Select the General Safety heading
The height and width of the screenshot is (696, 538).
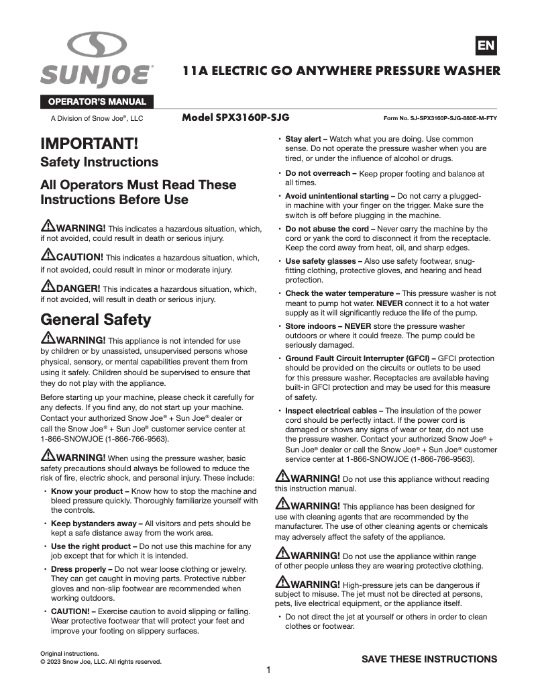96,318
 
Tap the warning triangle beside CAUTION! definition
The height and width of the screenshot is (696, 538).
48,256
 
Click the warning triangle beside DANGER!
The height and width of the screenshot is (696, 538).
48,288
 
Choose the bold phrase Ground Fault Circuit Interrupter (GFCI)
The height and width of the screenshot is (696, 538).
362,358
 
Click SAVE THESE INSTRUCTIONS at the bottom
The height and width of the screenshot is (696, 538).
429,659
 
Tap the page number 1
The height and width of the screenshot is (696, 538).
268,670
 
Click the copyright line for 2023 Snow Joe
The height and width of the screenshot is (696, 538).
101,662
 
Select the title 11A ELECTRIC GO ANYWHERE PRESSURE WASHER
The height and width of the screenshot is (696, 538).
342,70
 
